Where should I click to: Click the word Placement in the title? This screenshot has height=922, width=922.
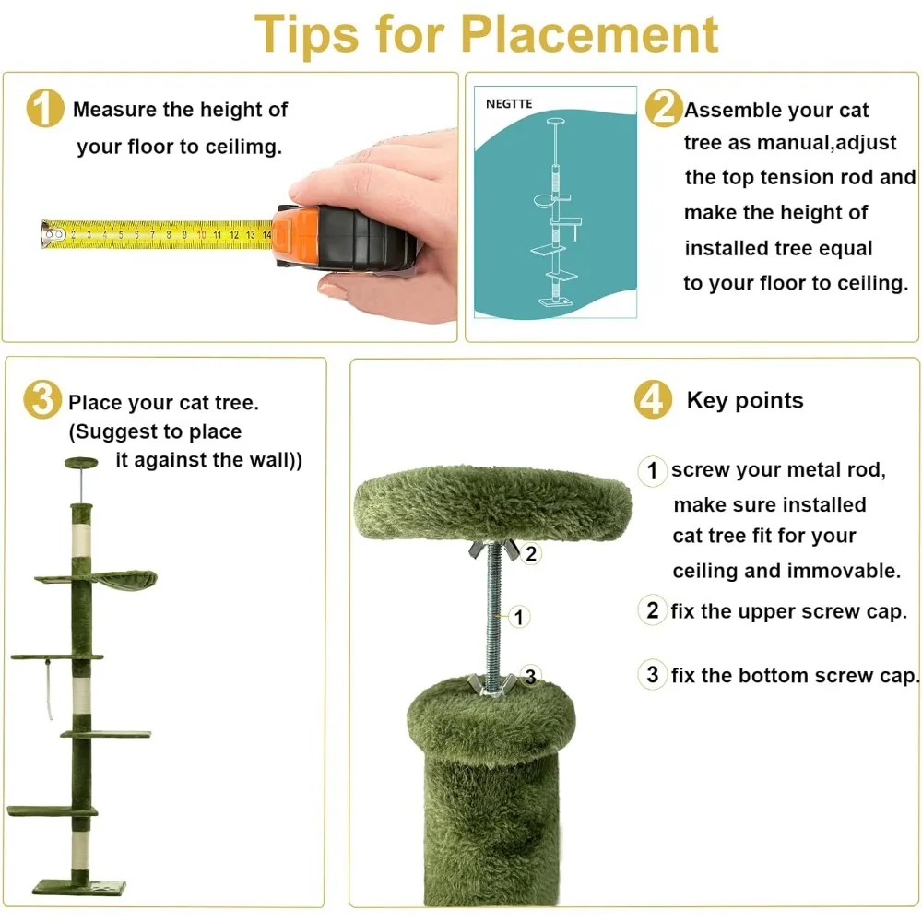589,34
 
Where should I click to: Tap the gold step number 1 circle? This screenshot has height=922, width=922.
44,108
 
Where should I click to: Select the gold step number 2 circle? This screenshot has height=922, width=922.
664,108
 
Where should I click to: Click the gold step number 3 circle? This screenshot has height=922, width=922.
42,399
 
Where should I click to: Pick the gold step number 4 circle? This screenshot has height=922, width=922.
653,399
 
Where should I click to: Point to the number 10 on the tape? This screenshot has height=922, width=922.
202,234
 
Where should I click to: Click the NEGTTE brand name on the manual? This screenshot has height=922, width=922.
509,104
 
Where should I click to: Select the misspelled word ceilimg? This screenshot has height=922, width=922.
243,147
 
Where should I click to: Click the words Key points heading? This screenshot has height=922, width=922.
745,400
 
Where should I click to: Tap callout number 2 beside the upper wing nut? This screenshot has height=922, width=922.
531,554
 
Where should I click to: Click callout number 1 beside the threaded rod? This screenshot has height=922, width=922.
518,618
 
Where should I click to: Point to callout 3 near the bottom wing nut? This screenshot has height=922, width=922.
530,676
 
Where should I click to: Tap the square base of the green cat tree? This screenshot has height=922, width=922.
79,886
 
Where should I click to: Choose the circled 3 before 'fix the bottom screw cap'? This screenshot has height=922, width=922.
652,675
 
